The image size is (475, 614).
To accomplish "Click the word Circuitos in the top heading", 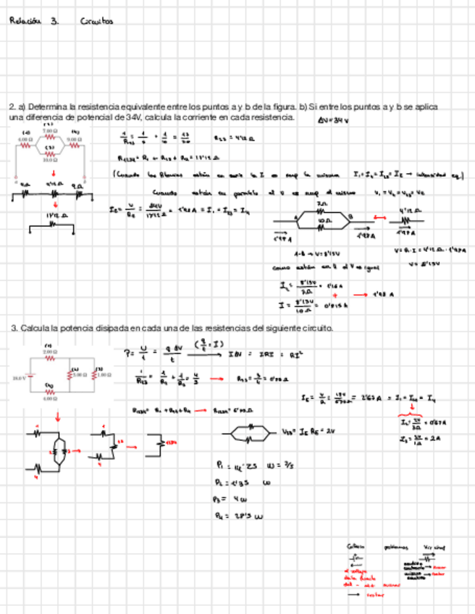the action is pos(98,22).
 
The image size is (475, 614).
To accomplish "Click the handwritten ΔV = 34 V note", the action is pos(333,121).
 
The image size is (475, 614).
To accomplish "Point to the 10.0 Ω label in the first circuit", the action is pos(51,160).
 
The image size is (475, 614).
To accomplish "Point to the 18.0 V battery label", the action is pos(20,377).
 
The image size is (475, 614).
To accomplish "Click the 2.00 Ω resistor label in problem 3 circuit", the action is pos(50,351).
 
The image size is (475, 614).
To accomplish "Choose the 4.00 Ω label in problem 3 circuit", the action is pos(49,399).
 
